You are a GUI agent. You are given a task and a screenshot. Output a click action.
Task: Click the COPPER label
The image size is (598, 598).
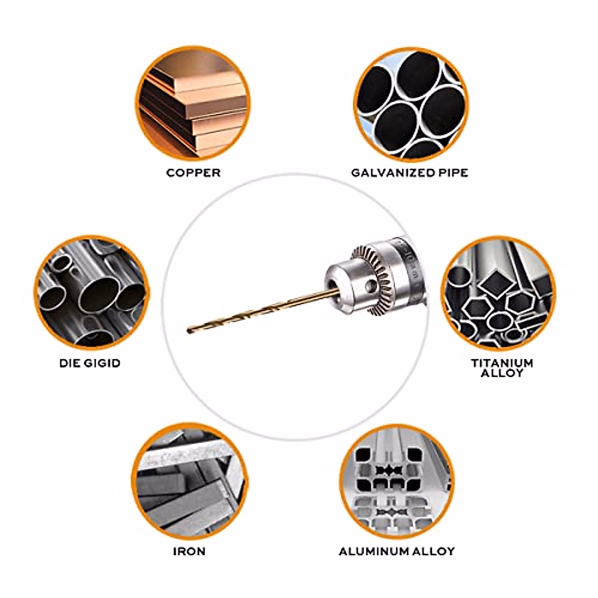pos(193,173)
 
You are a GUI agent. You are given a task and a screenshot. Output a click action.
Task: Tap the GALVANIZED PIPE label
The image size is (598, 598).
pos(409,173)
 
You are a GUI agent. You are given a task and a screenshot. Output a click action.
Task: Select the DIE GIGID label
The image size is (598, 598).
pos(90,363)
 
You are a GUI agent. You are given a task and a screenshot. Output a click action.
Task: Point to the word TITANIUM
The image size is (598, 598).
pos(502,363)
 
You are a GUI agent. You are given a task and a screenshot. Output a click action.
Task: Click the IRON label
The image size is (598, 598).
pos(189,551)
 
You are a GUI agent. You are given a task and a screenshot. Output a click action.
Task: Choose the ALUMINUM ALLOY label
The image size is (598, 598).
pos(397,551)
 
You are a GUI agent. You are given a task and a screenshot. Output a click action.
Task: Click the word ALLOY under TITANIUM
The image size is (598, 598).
pos(502,373)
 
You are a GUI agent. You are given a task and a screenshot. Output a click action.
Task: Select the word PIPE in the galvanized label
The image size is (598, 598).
pos(451,173)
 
